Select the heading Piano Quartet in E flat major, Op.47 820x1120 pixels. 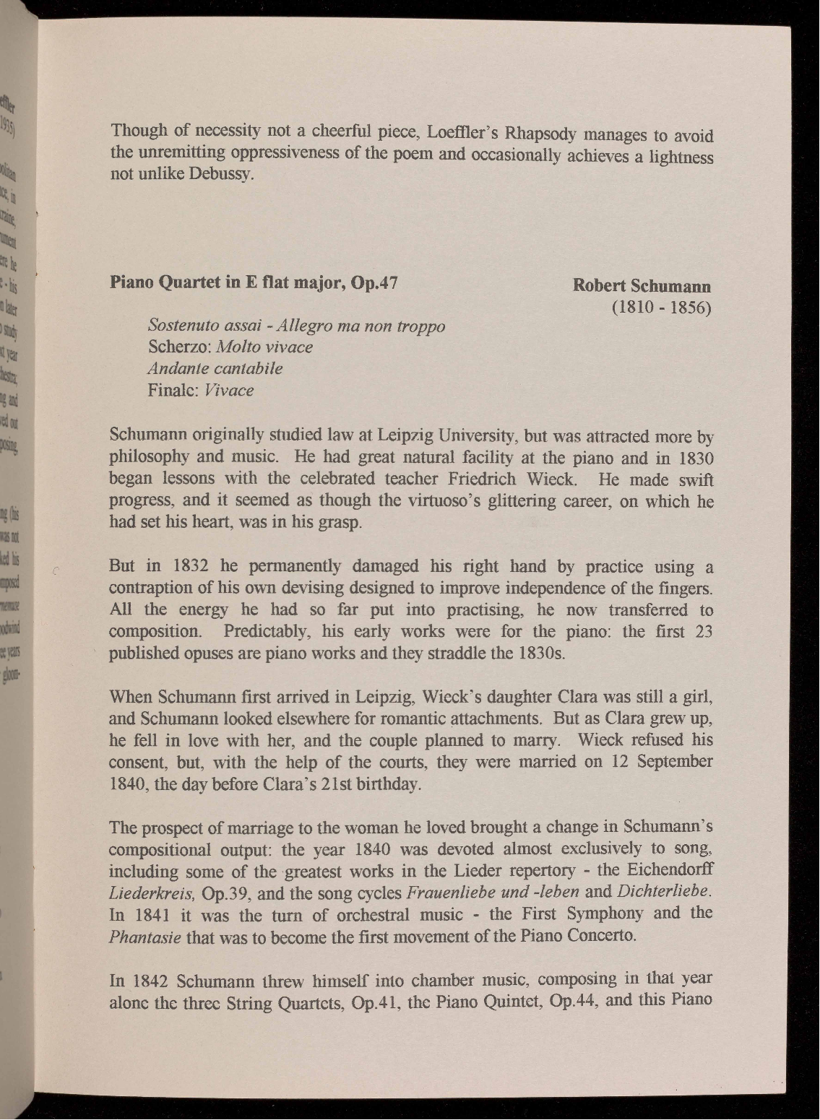(254, 282)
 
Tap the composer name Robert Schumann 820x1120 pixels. (642, 286)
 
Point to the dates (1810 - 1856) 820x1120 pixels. (662, 308)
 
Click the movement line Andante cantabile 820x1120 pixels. (215, 368)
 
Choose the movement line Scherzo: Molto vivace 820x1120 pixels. (230, 347)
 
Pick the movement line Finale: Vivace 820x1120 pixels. (200, 390)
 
